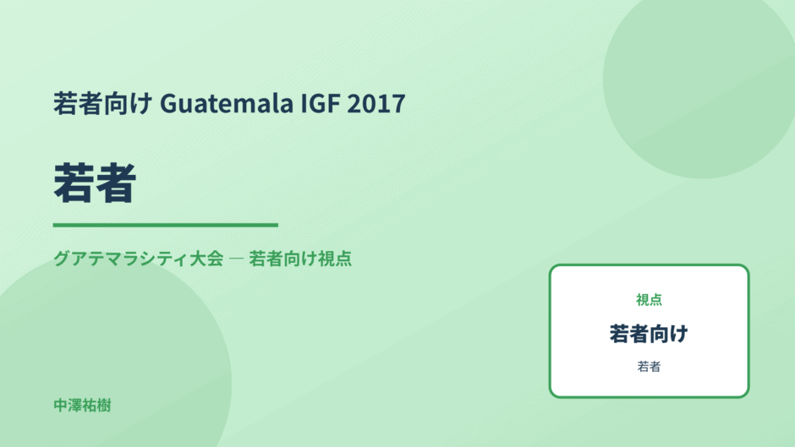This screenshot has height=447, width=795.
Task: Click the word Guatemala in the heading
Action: pos(227,103)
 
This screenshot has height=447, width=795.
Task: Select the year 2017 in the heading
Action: pos(376,103)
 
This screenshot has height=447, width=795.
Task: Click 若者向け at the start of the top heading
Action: pos(103,103)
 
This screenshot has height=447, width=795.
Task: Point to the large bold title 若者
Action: pos(95,183)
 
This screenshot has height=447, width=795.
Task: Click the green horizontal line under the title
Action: pos(165,225)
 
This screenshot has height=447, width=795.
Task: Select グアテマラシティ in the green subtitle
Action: pos(121,259)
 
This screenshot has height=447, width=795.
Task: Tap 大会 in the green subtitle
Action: pos(206,259)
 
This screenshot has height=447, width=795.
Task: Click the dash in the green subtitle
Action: pos(236,259)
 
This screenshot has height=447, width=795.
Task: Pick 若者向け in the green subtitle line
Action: pos(282,259)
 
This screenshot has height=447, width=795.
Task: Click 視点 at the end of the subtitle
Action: pos(335,259)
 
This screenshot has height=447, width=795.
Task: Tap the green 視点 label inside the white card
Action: pos(649,300)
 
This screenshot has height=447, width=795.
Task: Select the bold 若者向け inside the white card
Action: pos(649,334)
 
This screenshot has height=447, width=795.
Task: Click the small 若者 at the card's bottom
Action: pos(649,367)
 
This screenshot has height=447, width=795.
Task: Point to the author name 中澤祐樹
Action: pos(82,406)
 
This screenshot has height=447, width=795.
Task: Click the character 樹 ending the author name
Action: pos(104,406)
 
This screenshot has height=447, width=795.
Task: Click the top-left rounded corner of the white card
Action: pos(552,268)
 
